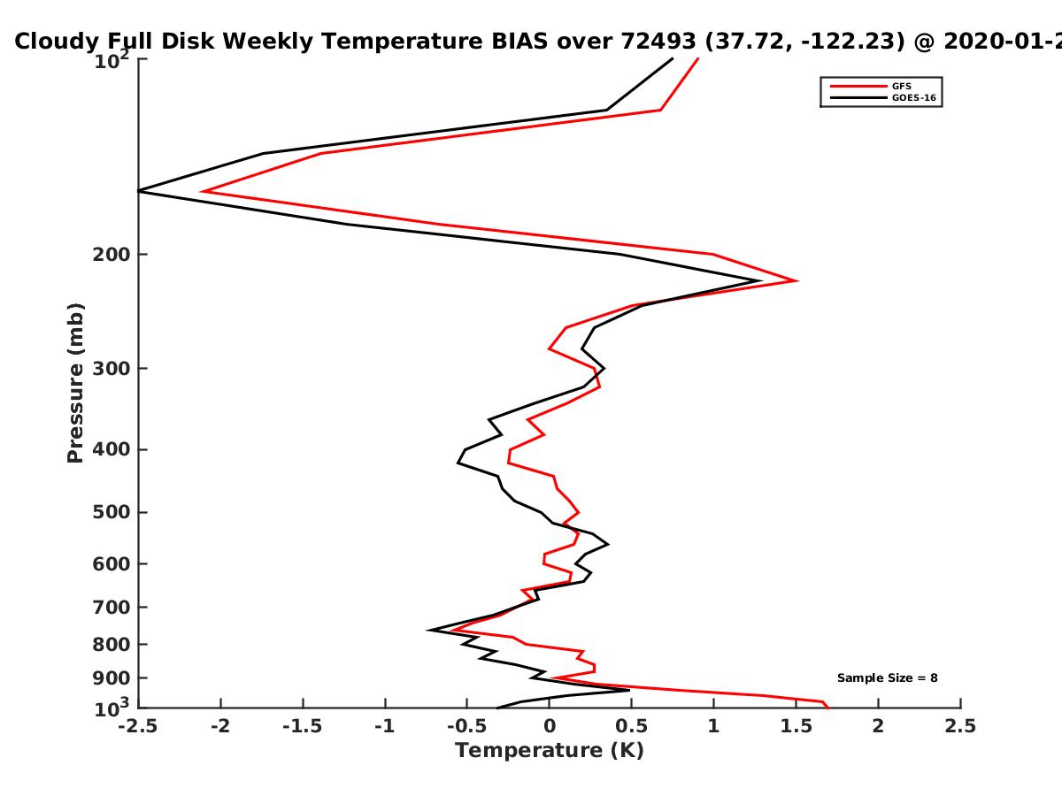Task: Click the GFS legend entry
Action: click(x=871, y=87)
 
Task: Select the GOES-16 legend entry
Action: click(x=883, y=98)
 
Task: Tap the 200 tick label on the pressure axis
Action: click(x=112, y=254)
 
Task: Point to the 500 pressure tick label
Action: click(x=112, y=512)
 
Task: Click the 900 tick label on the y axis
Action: click(x=112, y=678)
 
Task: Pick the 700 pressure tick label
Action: click(x=112, y=607)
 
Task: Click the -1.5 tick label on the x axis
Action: click(x=303, y=726)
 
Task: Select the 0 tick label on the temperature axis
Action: click(x=550, y=726)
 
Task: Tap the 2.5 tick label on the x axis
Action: click(x=960, y=726)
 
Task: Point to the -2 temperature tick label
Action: click(x=220, y=726)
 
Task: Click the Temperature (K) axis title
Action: click(x=550, y=751)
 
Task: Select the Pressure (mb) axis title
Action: click(x=75, y=383)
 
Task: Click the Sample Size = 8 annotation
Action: click(x=888, y=678)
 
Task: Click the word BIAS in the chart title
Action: click(x=519, y=41)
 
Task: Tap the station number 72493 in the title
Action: click(x=658, y=41)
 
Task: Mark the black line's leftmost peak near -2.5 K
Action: click(x=139, y=191)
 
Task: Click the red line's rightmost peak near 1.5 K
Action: click(x=796, y=280)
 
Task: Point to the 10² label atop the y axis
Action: click(x=112, y=59)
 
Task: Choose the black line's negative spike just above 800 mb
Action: click(x=428, y=630)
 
